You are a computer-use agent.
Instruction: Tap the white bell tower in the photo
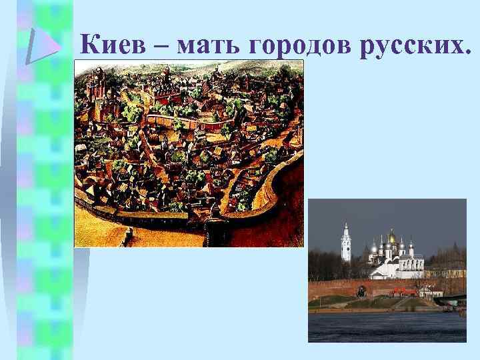[x=346, y=245]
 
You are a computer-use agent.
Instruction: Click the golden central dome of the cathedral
[x=391, y=238]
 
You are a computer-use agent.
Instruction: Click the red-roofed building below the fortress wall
[x=403, y=291]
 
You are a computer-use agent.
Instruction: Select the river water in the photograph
[x=387, y=327]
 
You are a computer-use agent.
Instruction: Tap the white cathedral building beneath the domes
[x=397, y=267]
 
